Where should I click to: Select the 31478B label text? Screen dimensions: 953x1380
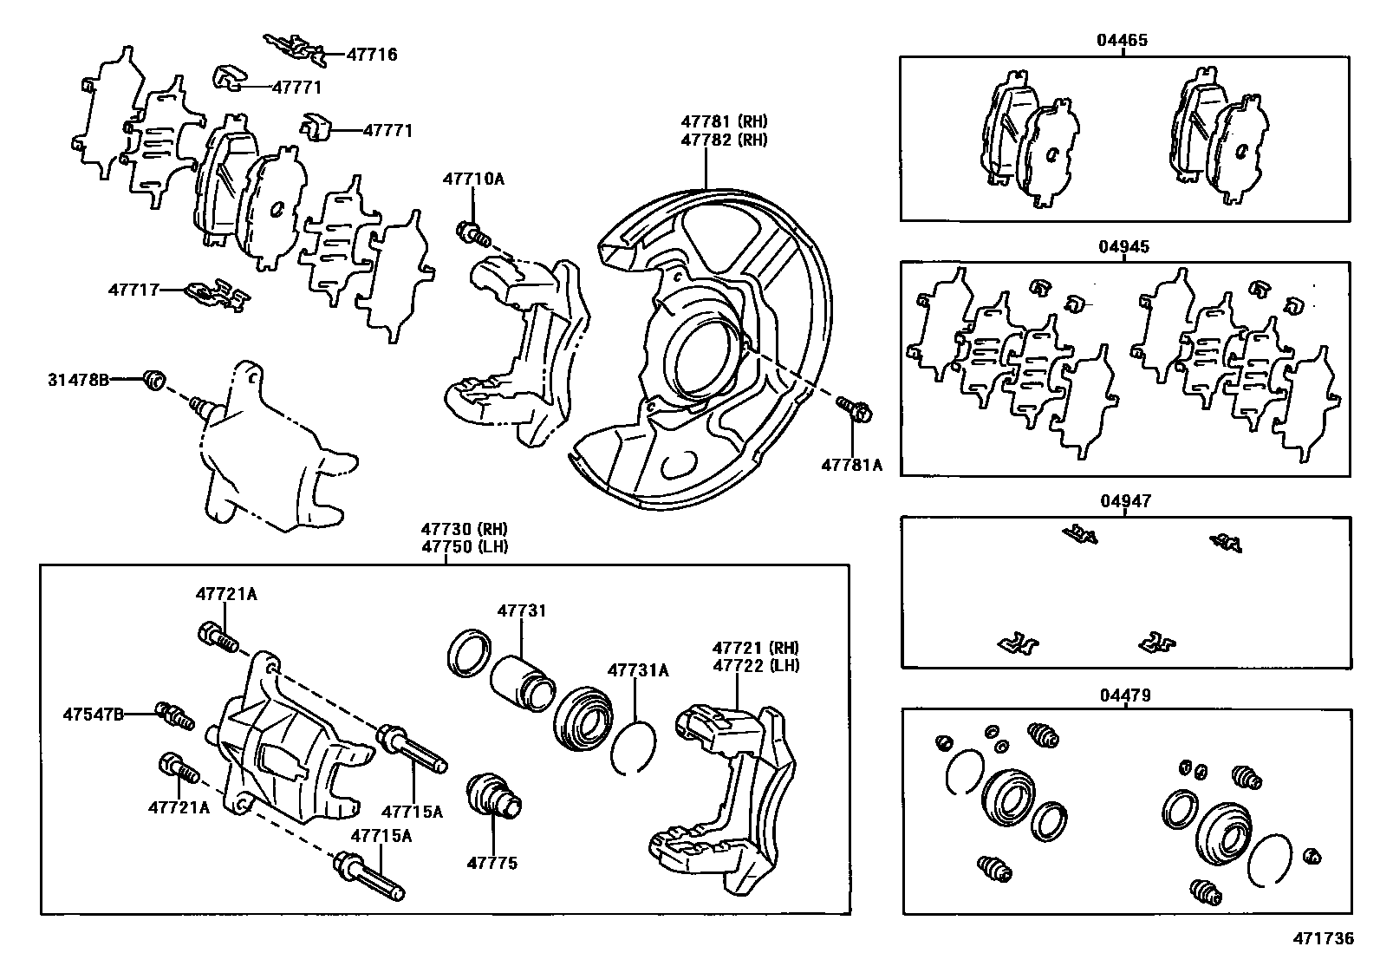tap(79, 379)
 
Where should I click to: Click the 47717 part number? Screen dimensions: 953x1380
tap(134, 289)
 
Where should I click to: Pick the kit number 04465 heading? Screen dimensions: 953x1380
tap(1123, 40)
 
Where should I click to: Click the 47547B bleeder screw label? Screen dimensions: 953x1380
tap(93, 714)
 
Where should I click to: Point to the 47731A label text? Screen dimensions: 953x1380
tap(638, 669)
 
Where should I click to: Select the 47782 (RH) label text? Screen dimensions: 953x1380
tap(724, 140)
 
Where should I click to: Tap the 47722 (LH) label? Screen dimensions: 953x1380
tap(756, 665)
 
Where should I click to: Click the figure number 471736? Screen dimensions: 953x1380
tap(1323, 938)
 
